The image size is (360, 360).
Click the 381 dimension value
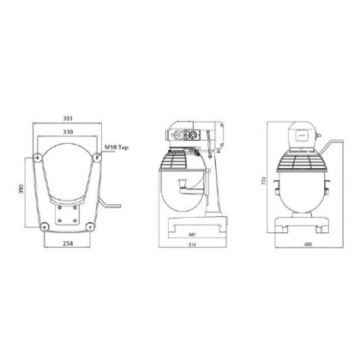pos(68,118)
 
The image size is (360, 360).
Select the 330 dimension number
pos(68,132)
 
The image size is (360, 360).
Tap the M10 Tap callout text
pos(116,147)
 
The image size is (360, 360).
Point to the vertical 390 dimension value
pos(21,189)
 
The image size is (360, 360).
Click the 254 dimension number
pos(68,243)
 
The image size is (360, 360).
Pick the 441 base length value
pos(192,235)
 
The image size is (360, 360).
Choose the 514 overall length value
pos(193,244)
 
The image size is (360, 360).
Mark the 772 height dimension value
pos(264,181)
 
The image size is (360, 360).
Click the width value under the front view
pos(308,244)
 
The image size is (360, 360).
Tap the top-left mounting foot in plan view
pos(38,158)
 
